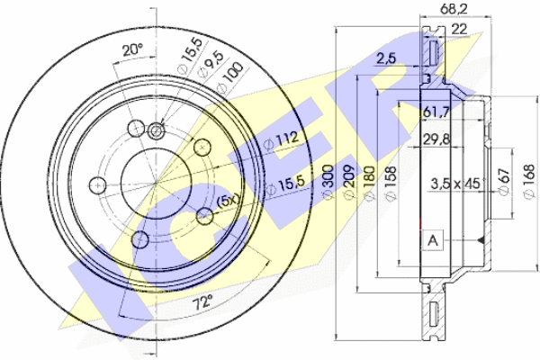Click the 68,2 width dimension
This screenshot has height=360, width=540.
click(454, 9)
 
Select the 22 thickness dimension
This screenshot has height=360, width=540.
click(459, 30)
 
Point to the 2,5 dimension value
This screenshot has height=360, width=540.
click(386, 58)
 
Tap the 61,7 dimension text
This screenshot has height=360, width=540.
click(436, 112)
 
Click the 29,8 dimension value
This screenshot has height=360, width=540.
click(436, 139)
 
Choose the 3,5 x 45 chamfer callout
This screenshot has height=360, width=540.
click(455, 184)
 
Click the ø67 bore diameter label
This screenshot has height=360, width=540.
click(504, 182)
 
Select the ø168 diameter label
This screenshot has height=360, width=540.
click(528, 182)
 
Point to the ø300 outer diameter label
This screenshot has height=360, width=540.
click(328, 182)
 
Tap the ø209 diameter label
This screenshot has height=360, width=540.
click(349, 182)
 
